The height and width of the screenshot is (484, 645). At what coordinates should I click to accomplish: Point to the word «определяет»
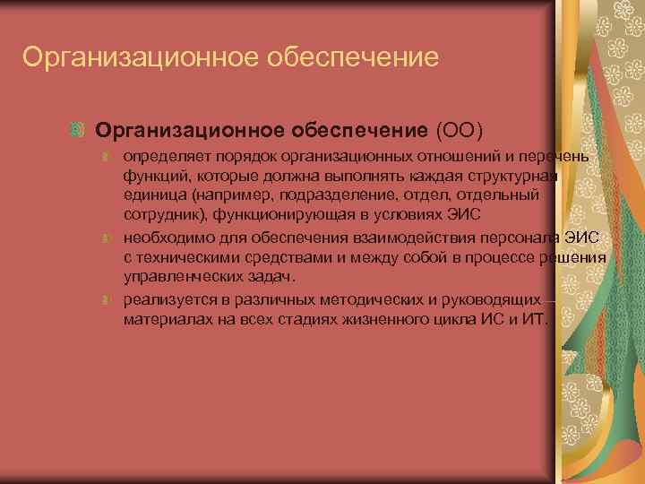pos(164,158)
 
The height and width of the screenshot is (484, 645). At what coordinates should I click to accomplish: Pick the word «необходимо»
pos(166,239)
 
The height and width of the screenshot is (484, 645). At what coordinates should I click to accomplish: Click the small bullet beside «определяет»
pos(105,158)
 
